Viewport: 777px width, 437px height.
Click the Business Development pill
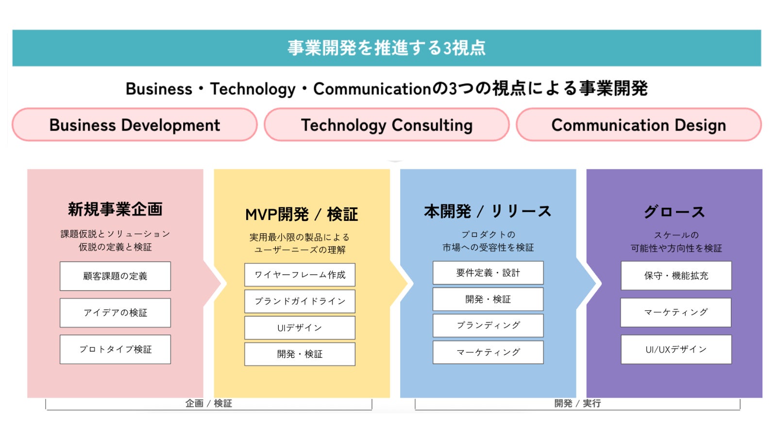tap(135, 124)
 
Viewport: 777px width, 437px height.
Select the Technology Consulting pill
tap(387, 124)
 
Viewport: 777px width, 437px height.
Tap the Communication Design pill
tap(639, 124)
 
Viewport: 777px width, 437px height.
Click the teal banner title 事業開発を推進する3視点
tap(387, 48)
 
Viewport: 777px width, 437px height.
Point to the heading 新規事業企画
tap(115, 209)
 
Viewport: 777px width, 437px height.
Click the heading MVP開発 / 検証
tap(302, 214)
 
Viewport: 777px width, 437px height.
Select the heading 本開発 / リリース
tap(488, 211)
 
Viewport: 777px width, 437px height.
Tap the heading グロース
tap(674, 212)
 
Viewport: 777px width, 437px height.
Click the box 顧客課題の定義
tap(115, 276)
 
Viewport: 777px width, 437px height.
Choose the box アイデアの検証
tap(115, 313)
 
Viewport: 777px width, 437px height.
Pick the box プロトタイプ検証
tap(115, 349)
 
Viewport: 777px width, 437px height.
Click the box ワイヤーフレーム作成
tap(300, 275)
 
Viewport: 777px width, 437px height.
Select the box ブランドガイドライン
tap(300, 301)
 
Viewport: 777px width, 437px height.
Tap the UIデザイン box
tap(300, 327)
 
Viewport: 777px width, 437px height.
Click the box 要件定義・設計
tap(488, 272)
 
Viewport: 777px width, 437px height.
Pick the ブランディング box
tap(488, 325)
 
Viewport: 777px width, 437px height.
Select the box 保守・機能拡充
tap(676, 276)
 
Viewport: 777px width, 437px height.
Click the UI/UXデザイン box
tap(676, 349)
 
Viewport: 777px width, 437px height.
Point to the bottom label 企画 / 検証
tap(208, 403)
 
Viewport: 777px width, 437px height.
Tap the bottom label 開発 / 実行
tap(577, 403)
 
